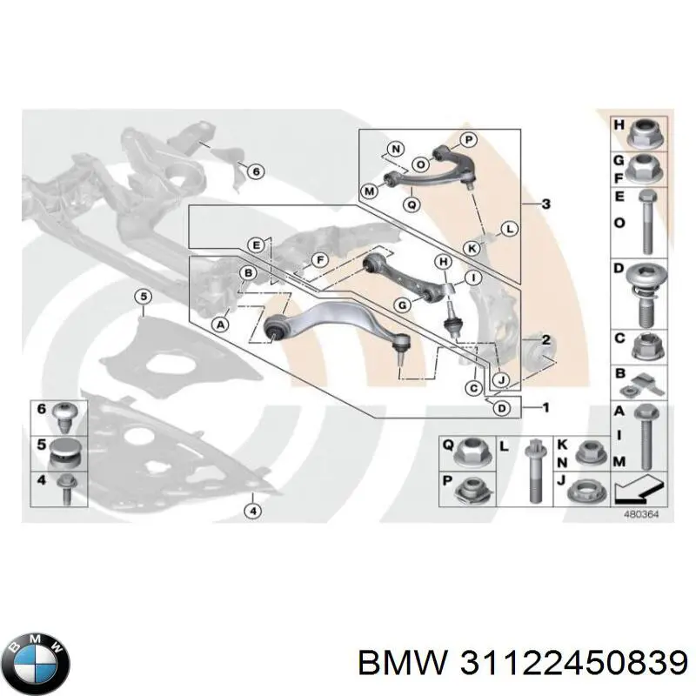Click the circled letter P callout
tap(469, 140)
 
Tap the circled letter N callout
tap(396, 149)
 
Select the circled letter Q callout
tap(412, 204)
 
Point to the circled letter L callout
tap(510, 230)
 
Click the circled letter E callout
tap(256, 245)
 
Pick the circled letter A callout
tap(221, 325)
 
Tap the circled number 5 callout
tap(144, 297)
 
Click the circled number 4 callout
tap(253, 512)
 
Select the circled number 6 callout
tap(256, 171)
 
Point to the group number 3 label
tap(546, 204)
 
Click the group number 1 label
tap(546, 407)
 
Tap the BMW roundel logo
tap(40, 663)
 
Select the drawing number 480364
tap(641, 514)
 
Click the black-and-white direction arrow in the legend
tap(639, 488)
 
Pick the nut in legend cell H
tap(646, 133)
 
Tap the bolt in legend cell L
tap(534, 472)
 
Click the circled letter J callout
tap(502, 380)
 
